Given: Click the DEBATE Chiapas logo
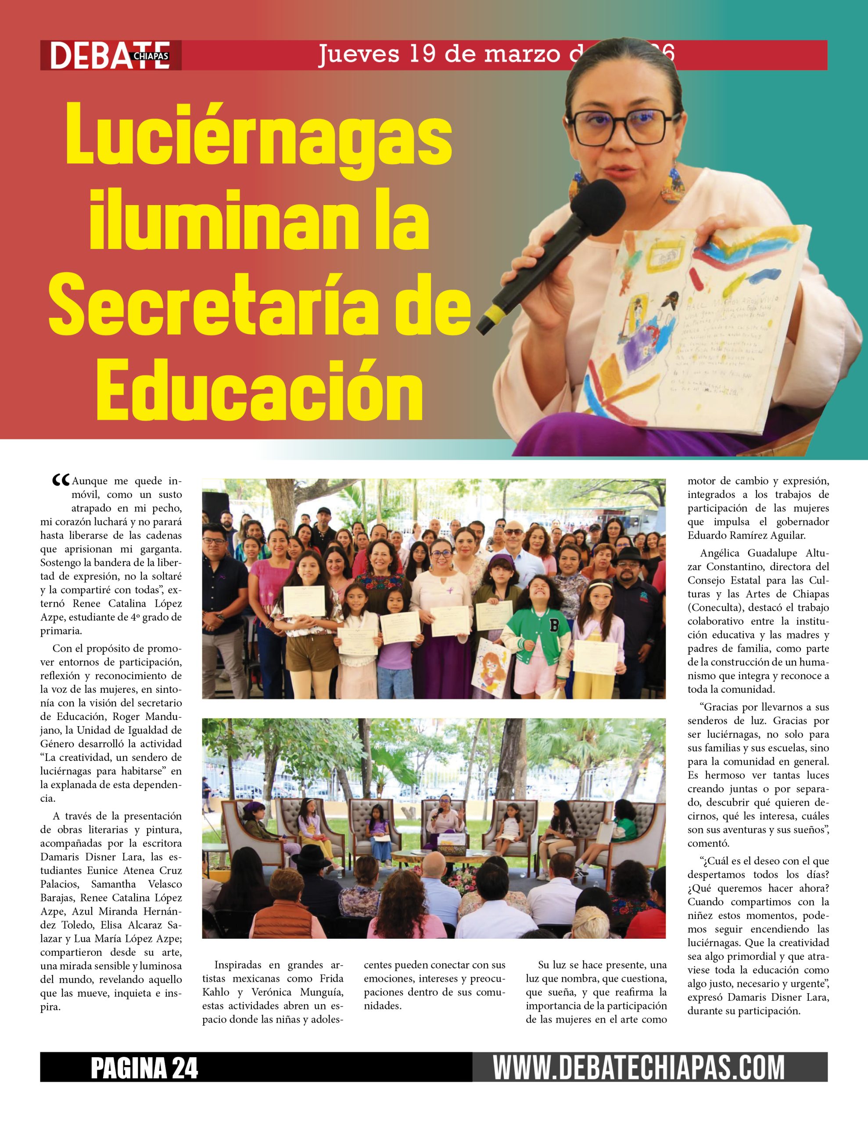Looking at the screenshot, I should tap(111, 55).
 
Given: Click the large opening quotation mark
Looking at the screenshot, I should tap(61, 481).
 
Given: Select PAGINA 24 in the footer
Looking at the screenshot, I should tap(144, 1068).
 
